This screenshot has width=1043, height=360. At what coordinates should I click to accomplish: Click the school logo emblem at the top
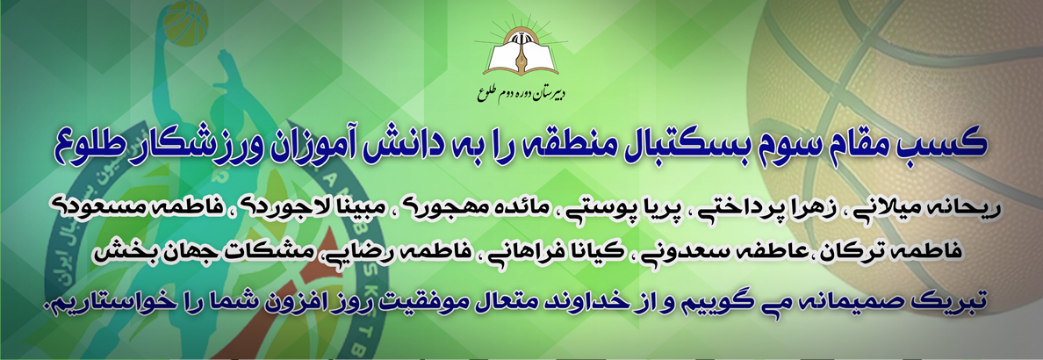[521, 47]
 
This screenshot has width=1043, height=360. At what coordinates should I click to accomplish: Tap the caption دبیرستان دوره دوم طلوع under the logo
[521, 94]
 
